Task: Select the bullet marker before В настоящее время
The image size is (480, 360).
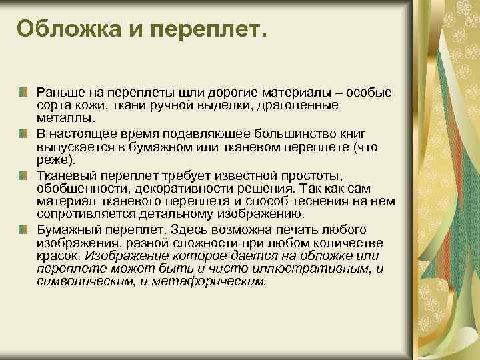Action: pos(23,133)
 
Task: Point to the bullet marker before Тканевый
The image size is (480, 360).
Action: pos(23,175)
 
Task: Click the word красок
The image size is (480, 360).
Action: pos(57,255)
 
